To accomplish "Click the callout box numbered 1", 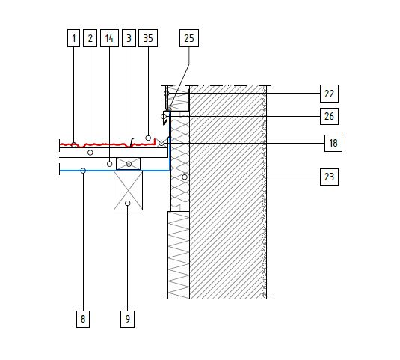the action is [x=73, y=38].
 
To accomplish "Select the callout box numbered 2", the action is [x=90, y=38].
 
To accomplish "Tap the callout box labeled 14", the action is [x=109, y=38].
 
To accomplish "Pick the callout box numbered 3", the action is [x=129, y=38].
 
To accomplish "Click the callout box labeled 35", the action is [x=148, y=38].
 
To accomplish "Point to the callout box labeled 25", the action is [x=189, y=38].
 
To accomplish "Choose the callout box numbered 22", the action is [x=329, y=94].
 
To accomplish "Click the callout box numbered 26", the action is [x=329, y=117].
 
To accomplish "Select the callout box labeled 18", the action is [x=333, y=143].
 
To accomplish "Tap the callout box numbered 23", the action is [x=329, y=177].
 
